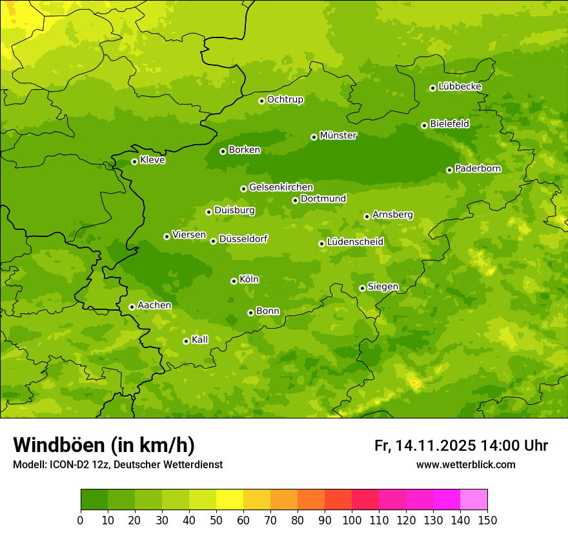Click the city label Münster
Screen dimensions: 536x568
tap(338, 136)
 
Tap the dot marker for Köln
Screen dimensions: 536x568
tap(234, 281)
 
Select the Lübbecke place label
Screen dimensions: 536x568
tap(460, 87)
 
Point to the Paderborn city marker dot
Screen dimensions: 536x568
tap(449, 170)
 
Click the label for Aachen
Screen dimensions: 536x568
tap(154, 305)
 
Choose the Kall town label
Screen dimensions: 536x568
tap(200, 340)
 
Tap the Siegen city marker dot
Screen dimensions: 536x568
tap(362, 288)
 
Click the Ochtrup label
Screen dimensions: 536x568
tap(285, 99)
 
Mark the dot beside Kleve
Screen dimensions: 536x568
tap(134, 161)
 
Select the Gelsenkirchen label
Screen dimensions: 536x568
tap(281, 187)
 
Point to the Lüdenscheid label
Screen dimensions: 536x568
tap(355, 242)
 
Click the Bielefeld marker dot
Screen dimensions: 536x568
tap(424, 125)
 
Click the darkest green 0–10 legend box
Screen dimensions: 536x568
tap(94, 500)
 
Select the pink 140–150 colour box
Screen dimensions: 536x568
tap(474, 500)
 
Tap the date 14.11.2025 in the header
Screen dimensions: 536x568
tap(436, 446)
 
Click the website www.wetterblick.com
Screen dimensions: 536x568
tap(465, 465)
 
